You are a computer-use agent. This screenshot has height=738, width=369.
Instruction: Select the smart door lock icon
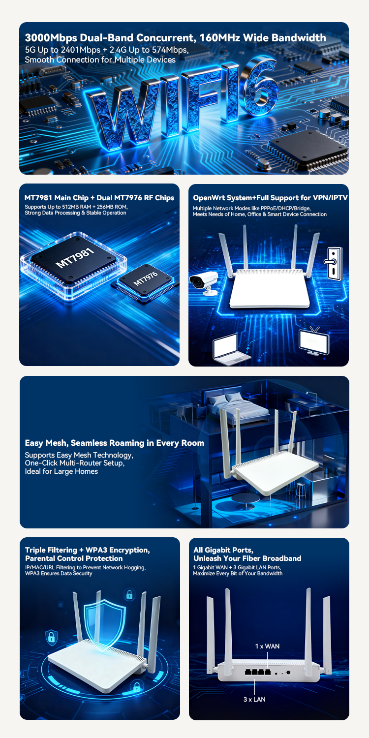[333, 262]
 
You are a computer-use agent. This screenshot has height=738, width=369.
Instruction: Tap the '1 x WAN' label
[267, 646]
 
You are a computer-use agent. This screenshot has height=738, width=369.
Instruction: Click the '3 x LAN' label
[254, 699]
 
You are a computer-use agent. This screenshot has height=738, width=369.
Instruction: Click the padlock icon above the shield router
[129, 594]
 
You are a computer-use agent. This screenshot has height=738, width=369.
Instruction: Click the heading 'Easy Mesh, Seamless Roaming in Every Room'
[114, 443]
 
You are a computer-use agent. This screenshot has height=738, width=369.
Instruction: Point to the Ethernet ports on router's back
[258, 672]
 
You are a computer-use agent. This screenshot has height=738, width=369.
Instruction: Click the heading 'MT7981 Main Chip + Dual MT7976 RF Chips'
[99, 198]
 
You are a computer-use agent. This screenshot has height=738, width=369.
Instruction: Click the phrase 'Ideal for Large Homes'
[61, 471]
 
